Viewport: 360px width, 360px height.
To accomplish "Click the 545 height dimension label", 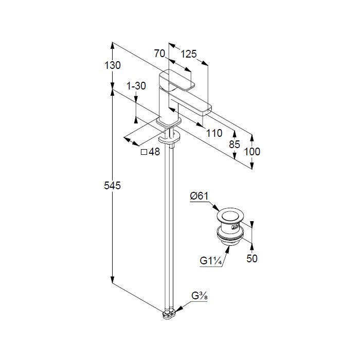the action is click(x=112, y=186).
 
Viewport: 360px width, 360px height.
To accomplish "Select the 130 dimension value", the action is click(x=112, y=65).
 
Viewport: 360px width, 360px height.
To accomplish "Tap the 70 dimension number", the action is click(x=159, y=53).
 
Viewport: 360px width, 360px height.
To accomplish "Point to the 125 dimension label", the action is click(x=189, y=54).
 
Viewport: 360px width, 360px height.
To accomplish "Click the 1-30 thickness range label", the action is click(x=136, y=86).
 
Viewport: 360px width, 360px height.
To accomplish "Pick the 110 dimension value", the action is click(x=214, y=133).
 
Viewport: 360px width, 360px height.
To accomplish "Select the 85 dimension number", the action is click(x=235, y=145).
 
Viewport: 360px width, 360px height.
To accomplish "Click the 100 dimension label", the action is click(x=252, y=152).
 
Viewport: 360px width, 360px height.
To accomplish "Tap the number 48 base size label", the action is click(x=154, y=152).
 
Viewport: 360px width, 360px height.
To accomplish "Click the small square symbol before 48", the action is click(x=143, y=152).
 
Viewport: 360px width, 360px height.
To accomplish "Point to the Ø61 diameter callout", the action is click(x=200, y=196).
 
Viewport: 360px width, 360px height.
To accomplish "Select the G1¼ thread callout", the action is click(x=211, y=261).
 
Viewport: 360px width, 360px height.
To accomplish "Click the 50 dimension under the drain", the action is click(x=252, y=259).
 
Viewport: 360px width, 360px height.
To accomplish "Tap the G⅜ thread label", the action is click(x=200, y=296).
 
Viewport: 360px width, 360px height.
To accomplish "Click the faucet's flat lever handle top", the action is click(x=177, y=79).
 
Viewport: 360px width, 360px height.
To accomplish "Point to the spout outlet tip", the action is click(x=206, y=112).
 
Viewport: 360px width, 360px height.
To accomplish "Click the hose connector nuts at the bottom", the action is click(x=169, y=314).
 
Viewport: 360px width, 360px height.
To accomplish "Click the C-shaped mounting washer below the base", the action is click(x=169, y=138).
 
